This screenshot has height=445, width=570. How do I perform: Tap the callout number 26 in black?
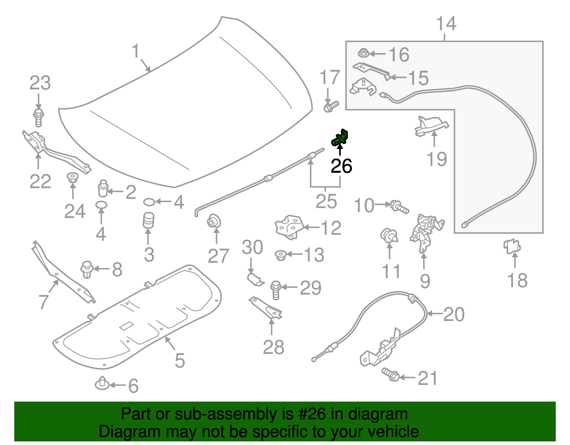(341, 166)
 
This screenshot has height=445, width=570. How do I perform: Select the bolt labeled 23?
(38, 118)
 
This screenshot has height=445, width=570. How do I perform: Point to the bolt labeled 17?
(331, 106)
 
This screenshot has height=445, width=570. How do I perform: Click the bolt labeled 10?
(400, 207)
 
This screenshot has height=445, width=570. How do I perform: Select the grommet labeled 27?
(214, 221)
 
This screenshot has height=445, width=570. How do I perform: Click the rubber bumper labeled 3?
(149, 221)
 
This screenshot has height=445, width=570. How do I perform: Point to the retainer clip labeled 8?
(87, 270)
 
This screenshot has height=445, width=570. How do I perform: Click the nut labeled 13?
(281, 255)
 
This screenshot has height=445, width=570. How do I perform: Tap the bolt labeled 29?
(276, 290)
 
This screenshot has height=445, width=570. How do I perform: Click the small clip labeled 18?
(512, 246)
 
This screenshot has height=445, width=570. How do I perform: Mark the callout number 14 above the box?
(446, 24)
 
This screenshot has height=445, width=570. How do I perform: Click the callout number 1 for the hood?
(135, 51)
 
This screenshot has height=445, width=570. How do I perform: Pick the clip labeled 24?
(73, 177)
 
